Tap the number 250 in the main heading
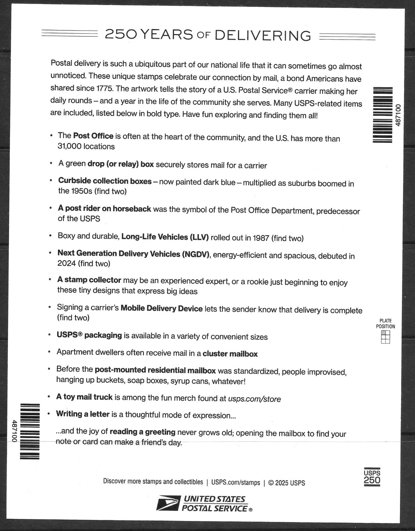pos(121,34)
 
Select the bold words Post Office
pos(93,136)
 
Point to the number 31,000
pos(70,146)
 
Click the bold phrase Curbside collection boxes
pos(105,181)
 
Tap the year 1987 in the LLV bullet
pos(261,238)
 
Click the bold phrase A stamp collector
pos(89,280)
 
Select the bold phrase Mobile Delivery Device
pos(161,308)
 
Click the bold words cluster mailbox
pos(230,354)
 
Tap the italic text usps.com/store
pos(254,399)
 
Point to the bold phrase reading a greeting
pos(143,432)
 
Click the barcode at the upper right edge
pos(383,115)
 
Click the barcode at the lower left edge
pos(30,431)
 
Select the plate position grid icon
pos(385,337)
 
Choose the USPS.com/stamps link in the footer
pos(236,483)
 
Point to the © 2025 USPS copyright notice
pos(286,483)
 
